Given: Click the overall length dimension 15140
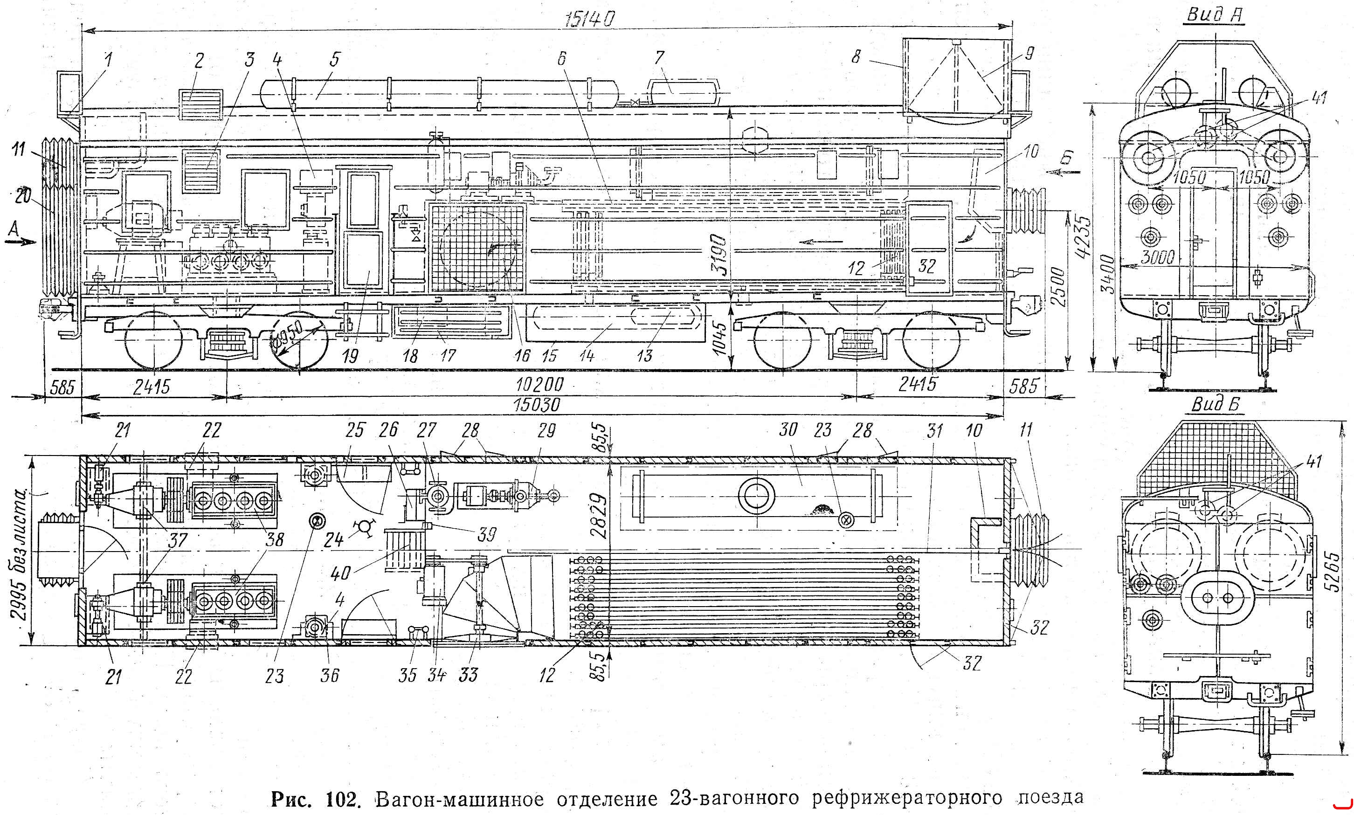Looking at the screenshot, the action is [590, 19].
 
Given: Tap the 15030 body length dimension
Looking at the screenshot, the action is [537, 405].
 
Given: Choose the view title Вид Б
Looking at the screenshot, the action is [1215, 404].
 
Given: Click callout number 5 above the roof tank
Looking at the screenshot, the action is [334, 59].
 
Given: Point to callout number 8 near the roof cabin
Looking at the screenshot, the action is [856, 56].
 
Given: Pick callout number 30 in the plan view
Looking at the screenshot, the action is [788, 429].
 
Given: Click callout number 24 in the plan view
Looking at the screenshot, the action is [333, 540].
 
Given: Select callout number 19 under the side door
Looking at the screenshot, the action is [350, 356].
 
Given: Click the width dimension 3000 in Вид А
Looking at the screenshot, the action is [1157, 257].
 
